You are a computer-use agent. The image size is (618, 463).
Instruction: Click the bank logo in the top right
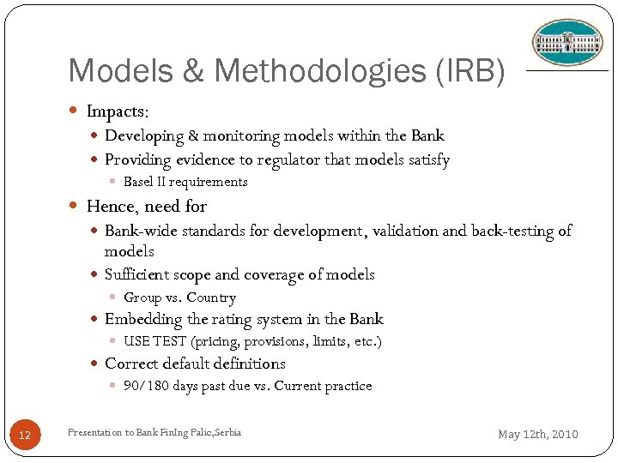point(567,42)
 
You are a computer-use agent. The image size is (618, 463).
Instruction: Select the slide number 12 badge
point(25,436)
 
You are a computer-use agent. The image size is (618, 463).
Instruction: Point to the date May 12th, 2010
point(538,434)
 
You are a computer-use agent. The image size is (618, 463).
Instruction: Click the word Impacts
point(118,112)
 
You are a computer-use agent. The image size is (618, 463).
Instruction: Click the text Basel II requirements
point(185,182)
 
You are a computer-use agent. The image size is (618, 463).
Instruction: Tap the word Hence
point(112,206)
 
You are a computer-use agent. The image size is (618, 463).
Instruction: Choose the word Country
point(211,298)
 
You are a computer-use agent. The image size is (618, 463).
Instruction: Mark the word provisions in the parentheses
point(276,341)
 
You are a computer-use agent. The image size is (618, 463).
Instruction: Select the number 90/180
point(146,386)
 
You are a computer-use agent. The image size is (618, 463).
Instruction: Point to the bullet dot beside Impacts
point(73,112)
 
